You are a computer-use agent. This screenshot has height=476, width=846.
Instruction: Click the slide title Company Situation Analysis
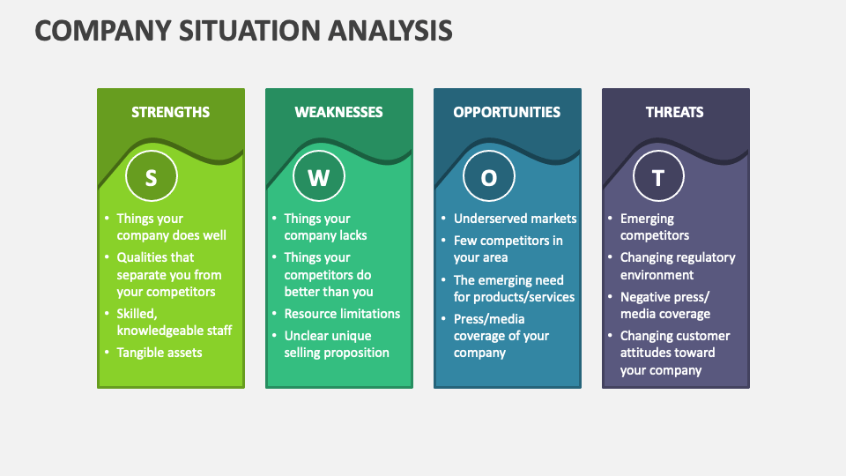(x=243, y=32)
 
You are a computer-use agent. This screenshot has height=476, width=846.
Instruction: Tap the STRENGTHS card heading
(x=171, y=112)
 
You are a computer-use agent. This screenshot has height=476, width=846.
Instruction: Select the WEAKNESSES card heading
(x=338, y=112)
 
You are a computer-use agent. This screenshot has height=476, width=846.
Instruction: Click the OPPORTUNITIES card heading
(x=507, y=112)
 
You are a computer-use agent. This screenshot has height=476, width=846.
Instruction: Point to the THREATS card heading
(x=675, y=112)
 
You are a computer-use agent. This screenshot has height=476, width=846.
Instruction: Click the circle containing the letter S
(x=151, y=177)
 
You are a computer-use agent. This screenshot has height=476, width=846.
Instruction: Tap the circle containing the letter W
(x=319, y=177)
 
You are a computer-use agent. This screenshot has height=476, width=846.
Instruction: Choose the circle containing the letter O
(x=488, y=177)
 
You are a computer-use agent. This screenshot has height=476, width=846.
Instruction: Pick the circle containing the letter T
(x=658, y=177)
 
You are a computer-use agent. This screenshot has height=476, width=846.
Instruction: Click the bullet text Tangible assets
(x=160, y=353)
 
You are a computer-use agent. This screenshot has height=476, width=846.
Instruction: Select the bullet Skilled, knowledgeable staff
(x=174, y=322)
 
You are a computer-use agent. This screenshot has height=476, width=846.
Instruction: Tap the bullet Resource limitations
(x=342, y=314)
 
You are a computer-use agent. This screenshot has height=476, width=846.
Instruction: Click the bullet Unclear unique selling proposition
(x=336, y=344)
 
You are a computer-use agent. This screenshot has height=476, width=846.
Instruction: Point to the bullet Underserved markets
(x=515, y=219)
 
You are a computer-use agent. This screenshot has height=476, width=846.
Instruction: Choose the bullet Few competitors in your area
(x=508, y=249)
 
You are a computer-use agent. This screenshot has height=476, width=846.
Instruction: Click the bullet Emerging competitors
(x=655, y=227)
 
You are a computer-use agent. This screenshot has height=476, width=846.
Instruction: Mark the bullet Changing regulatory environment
(x=677, y=266)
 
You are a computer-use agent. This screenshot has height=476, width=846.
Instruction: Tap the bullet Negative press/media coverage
(x=664, y=305)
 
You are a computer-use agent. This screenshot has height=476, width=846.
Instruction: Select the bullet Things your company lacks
(x=325, y=227)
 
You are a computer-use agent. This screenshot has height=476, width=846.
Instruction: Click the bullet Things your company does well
(x=171, y=227)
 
